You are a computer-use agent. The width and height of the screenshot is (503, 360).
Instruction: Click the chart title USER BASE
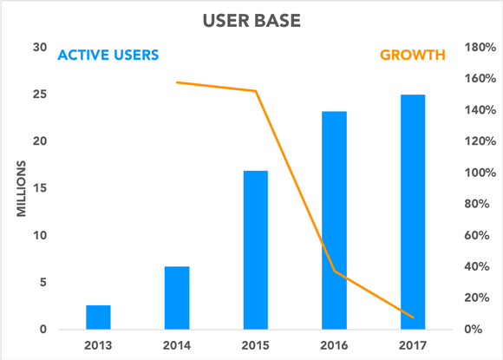point(251,18)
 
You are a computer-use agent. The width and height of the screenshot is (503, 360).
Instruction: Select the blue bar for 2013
point(99,317)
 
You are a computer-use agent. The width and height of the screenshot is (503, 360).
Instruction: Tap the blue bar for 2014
point(177,298)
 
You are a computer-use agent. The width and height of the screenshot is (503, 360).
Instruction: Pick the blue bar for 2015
point(255,250)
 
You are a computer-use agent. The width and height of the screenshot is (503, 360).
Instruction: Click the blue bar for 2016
point(334,220)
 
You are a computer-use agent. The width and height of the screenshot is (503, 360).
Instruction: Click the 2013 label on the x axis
point(99,346)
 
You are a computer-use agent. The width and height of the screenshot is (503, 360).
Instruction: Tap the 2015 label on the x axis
point(255,346)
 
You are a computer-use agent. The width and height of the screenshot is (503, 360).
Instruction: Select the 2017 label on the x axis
point(413,346)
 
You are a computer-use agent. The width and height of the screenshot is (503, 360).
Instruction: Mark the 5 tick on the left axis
point(42,283)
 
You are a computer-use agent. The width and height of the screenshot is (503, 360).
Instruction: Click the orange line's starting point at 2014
point(177,82)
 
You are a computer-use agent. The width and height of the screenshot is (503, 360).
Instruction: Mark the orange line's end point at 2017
point(413,317)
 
